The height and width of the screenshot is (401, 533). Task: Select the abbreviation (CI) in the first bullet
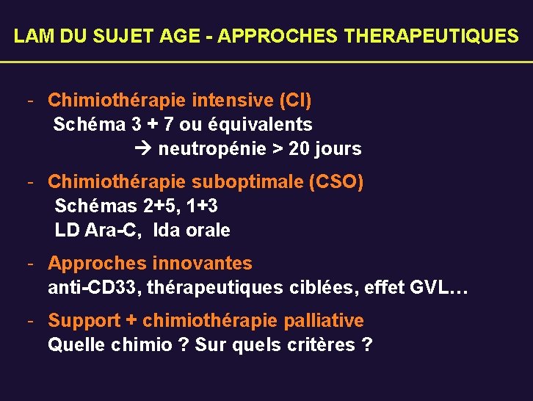(295, 99)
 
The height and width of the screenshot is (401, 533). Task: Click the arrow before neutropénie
(143, 149)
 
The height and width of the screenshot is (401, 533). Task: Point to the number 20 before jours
(299, 149)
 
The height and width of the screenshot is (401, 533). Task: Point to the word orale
(208, 231)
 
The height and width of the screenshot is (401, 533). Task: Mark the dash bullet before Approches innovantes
(31, 263)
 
